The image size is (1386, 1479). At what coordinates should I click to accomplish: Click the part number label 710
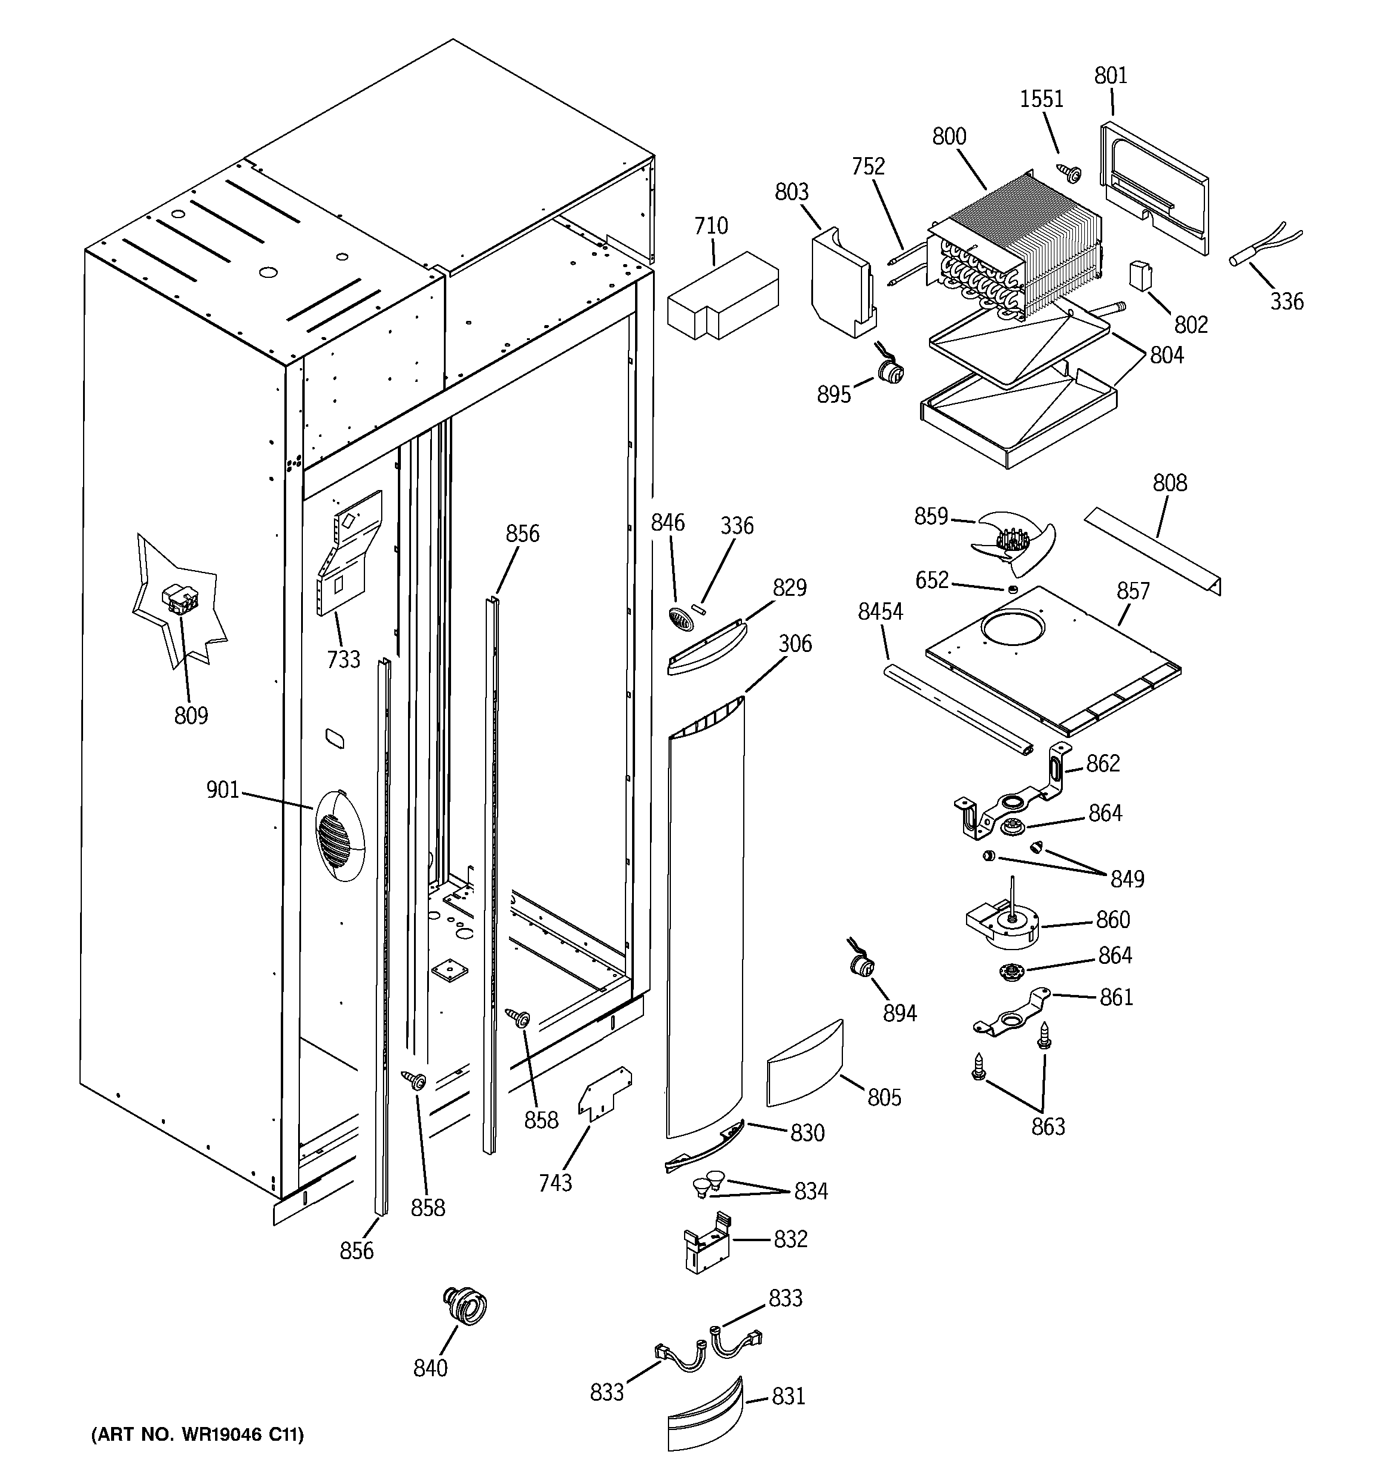710,225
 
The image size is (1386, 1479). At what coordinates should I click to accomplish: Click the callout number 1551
1041,99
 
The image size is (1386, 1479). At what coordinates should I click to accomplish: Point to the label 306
795,644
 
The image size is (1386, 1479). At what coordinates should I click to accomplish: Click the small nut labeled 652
1013,589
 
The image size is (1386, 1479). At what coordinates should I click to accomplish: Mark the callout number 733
343,659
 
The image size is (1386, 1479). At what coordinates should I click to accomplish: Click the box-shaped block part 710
722,296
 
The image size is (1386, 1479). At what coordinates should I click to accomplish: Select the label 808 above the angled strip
1170,483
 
